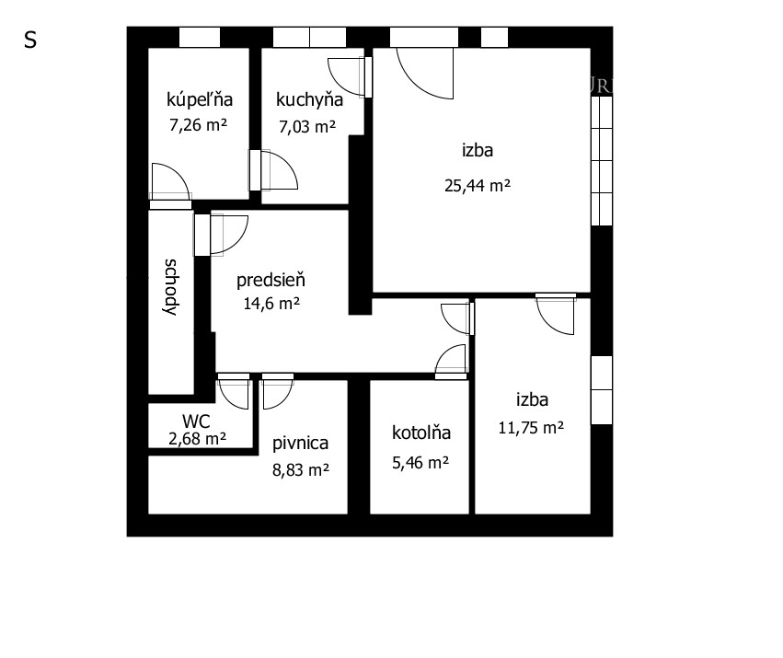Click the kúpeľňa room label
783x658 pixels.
200,100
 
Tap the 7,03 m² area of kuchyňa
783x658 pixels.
307,126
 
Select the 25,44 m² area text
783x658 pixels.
478,185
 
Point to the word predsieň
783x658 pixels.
271,281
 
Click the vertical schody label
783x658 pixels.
171,287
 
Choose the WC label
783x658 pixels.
196,421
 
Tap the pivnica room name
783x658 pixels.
300,444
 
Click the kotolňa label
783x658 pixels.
421,433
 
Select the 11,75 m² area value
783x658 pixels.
531,428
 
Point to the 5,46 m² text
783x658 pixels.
420,463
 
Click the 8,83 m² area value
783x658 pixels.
301,469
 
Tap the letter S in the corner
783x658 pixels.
30,40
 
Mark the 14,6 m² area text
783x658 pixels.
271,304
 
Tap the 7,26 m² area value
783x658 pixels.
198,124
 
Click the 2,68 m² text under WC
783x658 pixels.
197,439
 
